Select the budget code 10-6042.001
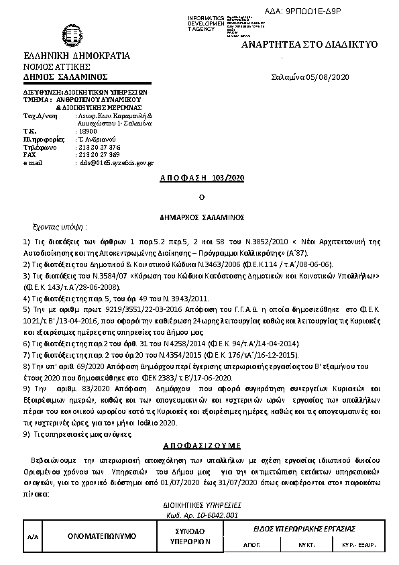[x=213, y=515]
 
